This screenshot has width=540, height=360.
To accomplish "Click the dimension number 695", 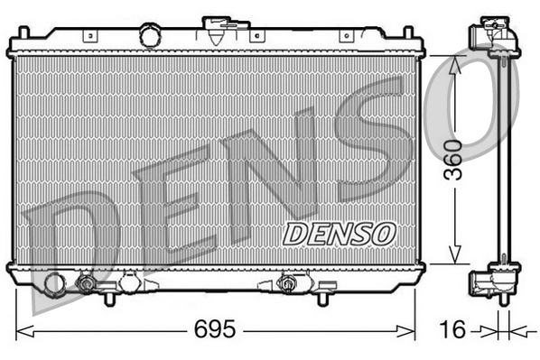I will (x=214, y=330).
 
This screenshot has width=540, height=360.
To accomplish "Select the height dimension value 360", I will (x=454, y=160).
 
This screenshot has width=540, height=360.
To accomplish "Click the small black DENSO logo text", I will (x=340, y=233).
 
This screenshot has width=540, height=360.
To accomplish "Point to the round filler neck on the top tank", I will (x=149, y=36).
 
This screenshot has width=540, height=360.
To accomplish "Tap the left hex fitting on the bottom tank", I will (x=87, y=284).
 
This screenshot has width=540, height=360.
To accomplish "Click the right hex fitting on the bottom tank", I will (x=289, y=284).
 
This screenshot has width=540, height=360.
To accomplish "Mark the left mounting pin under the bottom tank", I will (x=108, y=297).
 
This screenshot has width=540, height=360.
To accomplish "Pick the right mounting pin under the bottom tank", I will (x=322, y=297).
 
